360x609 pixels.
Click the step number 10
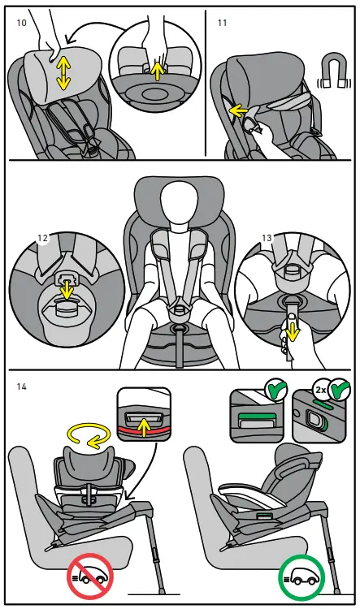(21, 23)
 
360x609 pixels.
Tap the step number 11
(222, 23)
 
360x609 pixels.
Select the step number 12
(42, 238)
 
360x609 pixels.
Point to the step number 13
(267, 238)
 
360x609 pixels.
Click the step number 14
(21, 387)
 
